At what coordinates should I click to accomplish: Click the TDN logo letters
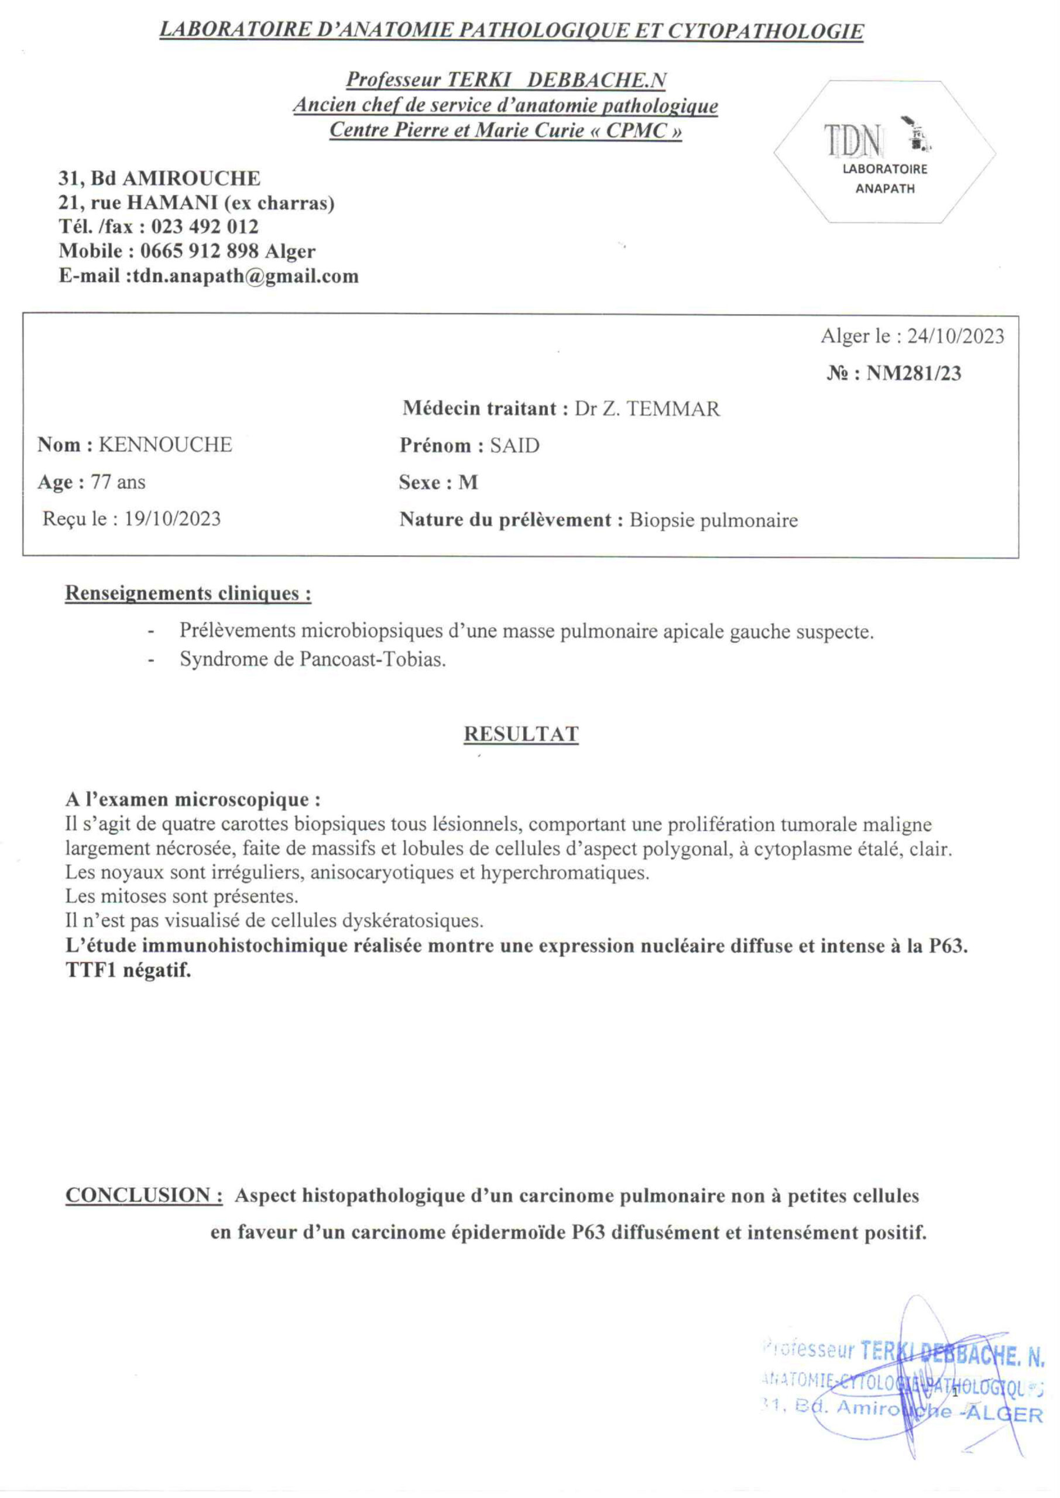coord(853,141)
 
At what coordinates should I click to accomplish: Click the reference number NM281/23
coord(913,374)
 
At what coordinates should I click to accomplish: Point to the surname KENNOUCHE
coord(165,445)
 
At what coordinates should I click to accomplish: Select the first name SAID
coord(515,446)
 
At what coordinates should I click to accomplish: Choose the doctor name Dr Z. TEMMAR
coord(647,409)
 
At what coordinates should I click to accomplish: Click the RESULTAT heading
coord(521,734)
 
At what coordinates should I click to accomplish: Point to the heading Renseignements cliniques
coord(188,594)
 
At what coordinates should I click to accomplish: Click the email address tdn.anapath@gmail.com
coord(245,276)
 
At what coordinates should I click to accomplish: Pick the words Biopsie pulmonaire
coord(713,521)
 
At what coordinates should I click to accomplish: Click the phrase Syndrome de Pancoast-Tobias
coord(313,659)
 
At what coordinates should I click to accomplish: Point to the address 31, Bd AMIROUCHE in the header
coord(159,178)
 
